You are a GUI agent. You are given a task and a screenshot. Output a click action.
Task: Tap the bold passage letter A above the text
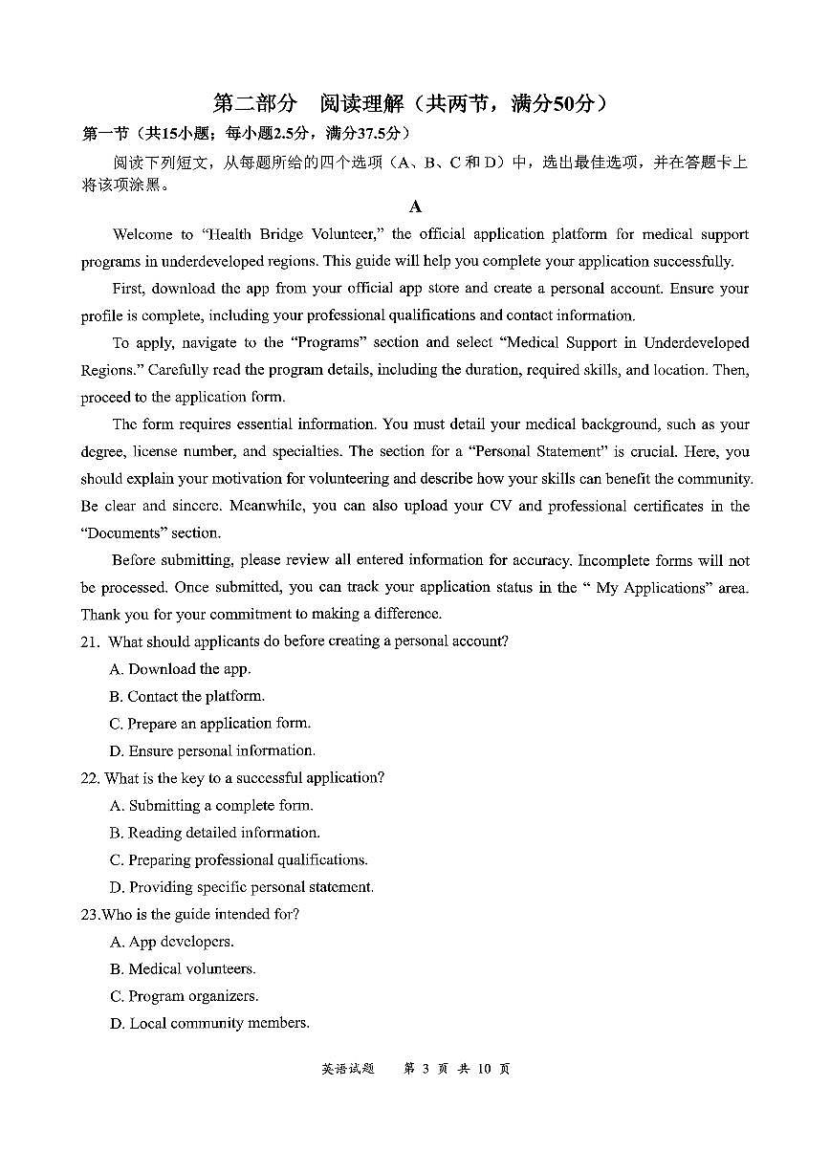[x=415, y=206]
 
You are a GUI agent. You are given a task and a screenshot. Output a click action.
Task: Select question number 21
[x=90, y=641]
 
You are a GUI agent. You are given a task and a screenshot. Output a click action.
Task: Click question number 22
[x=91, y=778]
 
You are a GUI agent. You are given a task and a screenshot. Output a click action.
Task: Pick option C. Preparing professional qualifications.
[x=239, y=860]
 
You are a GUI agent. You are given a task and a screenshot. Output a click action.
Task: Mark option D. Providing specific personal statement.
[x=242, y=887]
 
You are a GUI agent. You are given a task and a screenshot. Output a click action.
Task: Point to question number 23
[x=90, y=915]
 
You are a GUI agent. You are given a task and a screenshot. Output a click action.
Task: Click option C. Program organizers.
[x=185, y=996]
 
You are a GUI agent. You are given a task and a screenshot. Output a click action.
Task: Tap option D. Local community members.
[x=209, y=1023]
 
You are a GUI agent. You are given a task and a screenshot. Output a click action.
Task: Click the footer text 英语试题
[x=348, y=1069]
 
